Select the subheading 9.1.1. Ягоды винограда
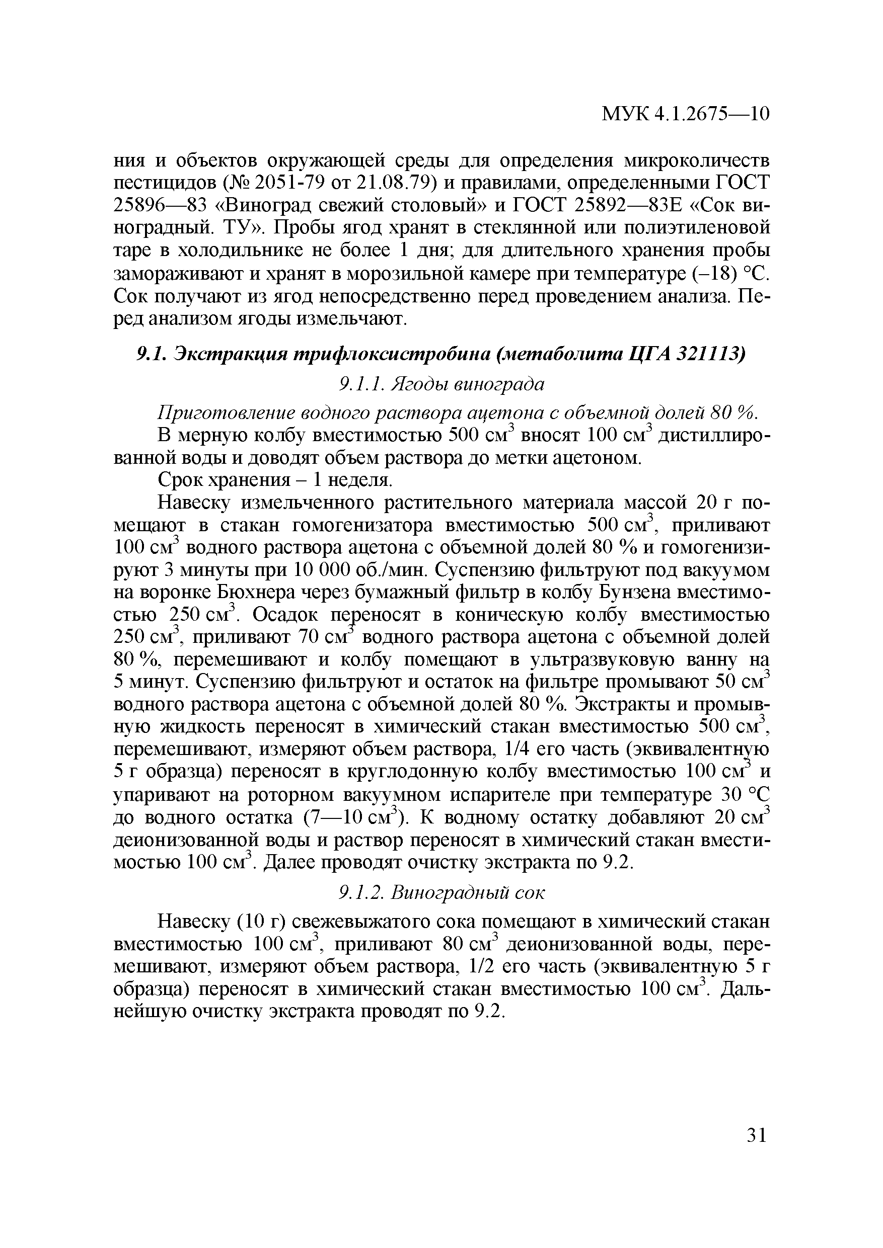click(440, 384)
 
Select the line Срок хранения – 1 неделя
click(275, 480)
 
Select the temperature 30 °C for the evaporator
click(745, 795)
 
